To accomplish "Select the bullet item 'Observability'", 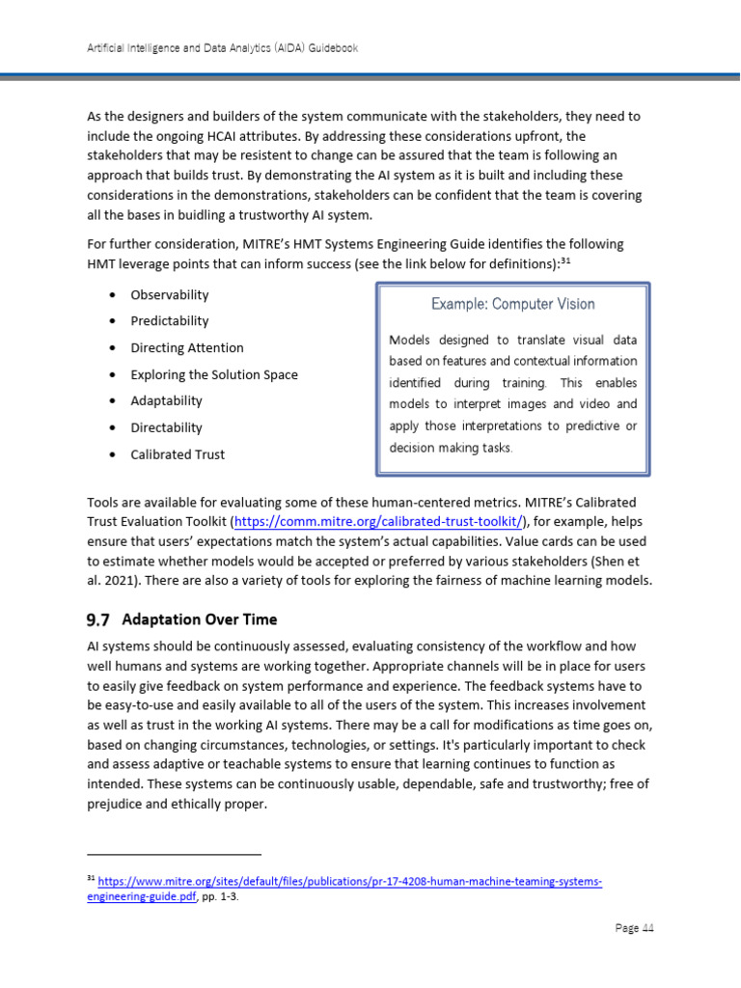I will [170, 294].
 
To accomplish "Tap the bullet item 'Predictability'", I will [170, 321].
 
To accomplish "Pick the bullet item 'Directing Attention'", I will [187, 347].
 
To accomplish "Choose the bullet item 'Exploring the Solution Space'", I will [214, 374].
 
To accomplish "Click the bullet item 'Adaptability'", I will [167, 400].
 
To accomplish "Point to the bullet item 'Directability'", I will [167, 427].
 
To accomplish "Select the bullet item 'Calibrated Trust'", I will [178, 454].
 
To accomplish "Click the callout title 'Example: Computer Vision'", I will [512, 304].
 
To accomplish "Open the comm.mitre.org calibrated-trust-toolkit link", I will [378, 522].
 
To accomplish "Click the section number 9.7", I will [98, 618].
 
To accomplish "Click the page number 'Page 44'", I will [634, 928].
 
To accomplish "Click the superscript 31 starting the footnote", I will [91, 880].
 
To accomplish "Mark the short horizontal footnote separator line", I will [174, 854].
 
